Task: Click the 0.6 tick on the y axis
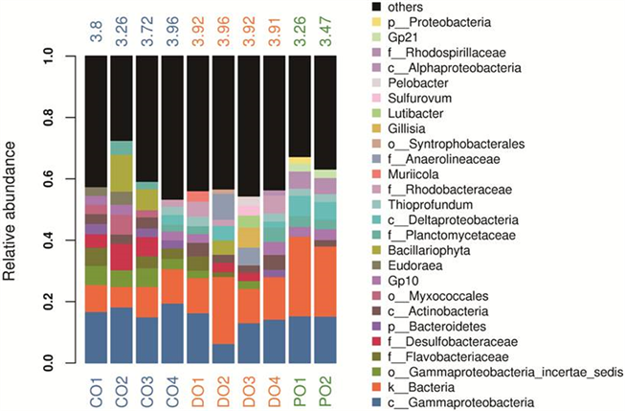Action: point(61,179)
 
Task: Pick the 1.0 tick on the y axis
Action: point(61,57)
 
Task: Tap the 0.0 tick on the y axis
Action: point(61,363)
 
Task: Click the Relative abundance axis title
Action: point(14,211)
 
